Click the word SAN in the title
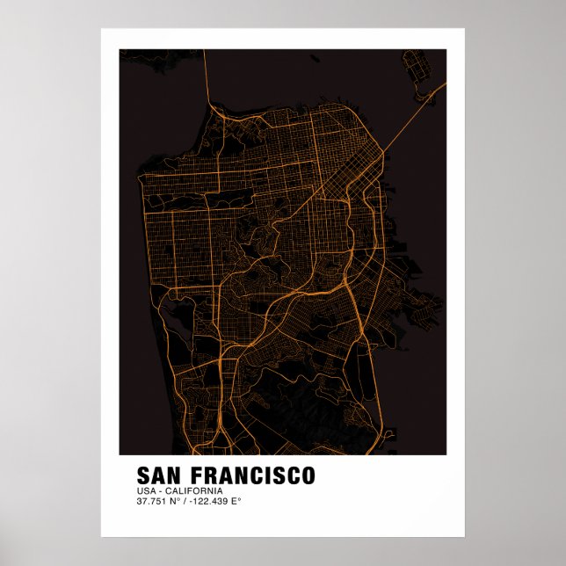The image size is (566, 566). click(159, 475)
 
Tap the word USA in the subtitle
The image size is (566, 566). click(145, 490)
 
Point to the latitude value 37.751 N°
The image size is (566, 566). click(156, 501)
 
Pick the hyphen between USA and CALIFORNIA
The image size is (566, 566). click(162, 490)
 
